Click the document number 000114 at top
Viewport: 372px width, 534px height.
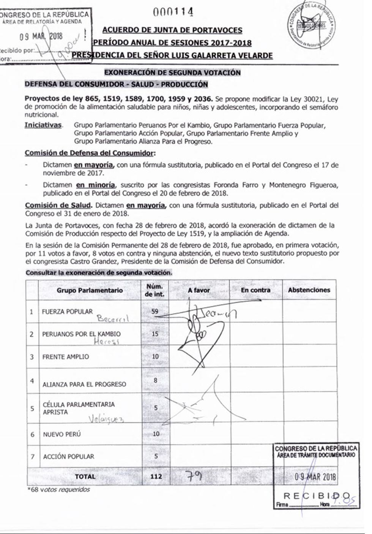tap(173, 12)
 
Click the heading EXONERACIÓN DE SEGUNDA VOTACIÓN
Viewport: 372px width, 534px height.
tap(172, 72)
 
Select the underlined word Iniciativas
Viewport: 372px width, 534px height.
tap(43, 125)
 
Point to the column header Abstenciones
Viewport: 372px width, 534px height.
tap(309, 290)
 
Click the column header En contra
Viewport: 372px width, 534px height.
tap(255, 290)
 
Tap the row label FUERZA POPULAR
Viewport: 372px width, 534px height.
tap(68, 311)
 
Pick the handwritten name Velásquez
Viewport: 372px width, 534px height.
tap(106, 418)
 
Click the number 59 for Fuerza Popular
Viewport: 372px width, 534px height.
tap(154, 311)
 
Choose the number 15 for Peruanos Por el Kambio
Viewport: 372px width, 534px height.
tap(154, 334)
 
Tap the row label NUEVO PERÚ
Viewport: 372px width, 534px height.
tap(62, 434)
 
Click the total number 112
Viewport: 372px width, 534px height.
tap(156, 476)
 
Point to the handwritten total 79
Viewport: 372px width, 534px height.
tap(194, 476)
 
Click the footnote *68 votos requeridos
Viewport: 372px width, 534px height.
tap(59, 490)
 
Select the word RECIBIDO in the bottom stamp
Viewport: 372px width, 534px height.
tap(317, 496)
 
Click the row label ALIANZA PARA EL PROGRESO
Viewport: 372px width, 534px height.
tap(84, 384)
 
